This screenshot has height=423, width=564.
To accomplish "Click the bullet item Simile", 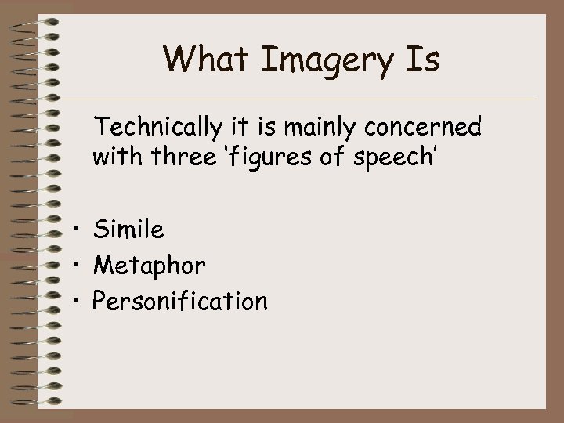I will pos(128,230).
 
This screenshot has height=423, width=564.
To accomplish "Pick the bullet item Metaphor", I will pos(149,266).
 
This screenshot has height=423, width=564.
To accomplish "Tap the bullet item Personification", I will pos(179,301).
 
